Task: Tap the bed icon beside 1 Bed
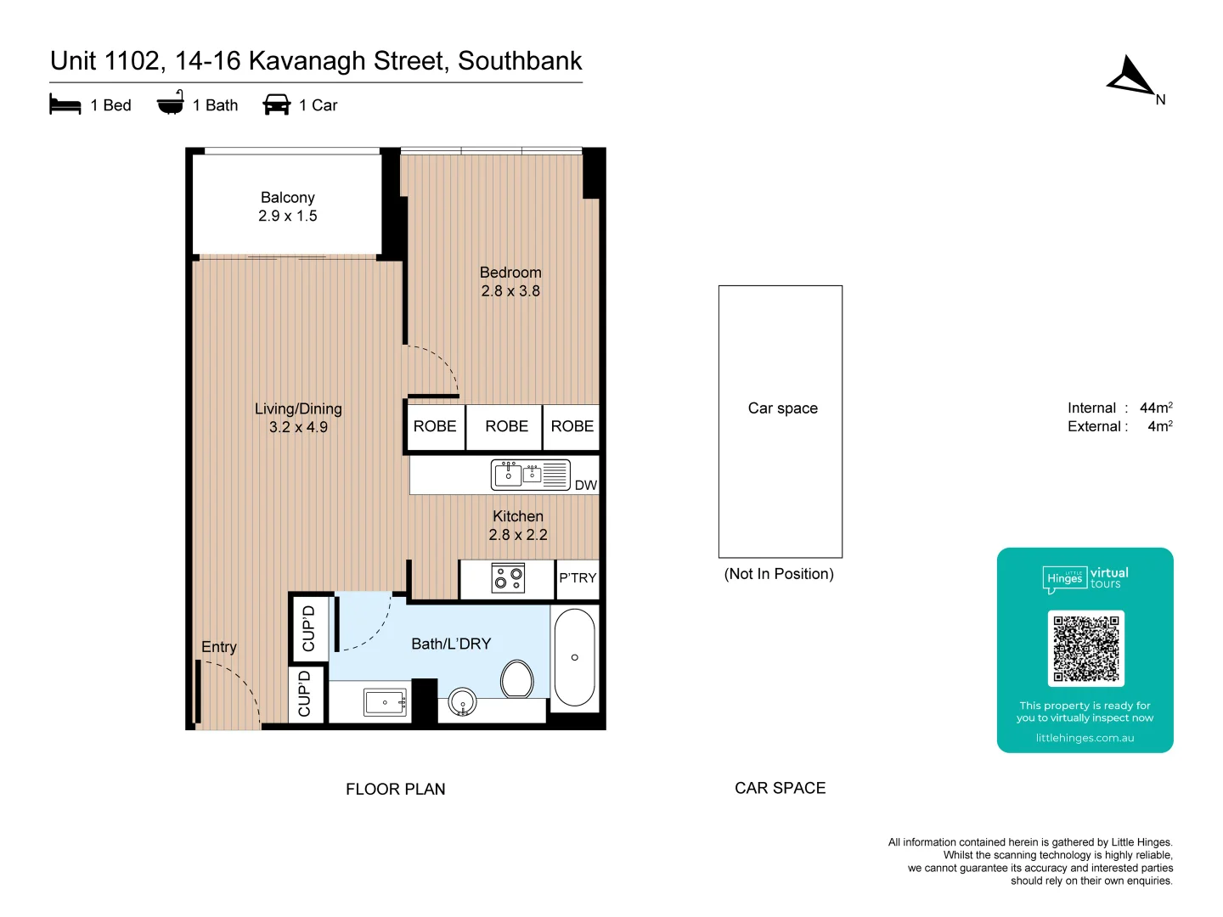[65, 104]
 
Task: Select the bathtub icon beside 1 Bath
[170, 103]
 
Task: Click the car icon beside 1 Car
[277, 104]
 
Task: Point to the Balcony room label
[288, 198]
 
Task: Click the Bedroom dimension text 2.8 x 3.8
[510, 291]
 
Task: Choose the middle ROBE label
[506, 426]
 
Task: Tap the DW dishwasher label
[586, 486]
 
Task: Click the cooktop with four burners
[509, 579]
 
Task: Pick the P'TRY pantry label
[578, 578]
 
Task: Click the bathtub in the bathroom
[575, 656]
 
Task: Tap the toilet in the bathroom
[517, 678]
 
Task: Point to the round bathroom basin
[462, 703]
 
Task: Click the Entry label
[219, 647]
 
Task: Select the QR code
[1085, 649]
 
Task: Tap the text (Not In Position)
[779, 574]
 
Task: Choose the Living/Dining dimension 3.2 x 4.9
[298, 427]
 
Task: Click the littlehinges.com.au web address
[1085, 738]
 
